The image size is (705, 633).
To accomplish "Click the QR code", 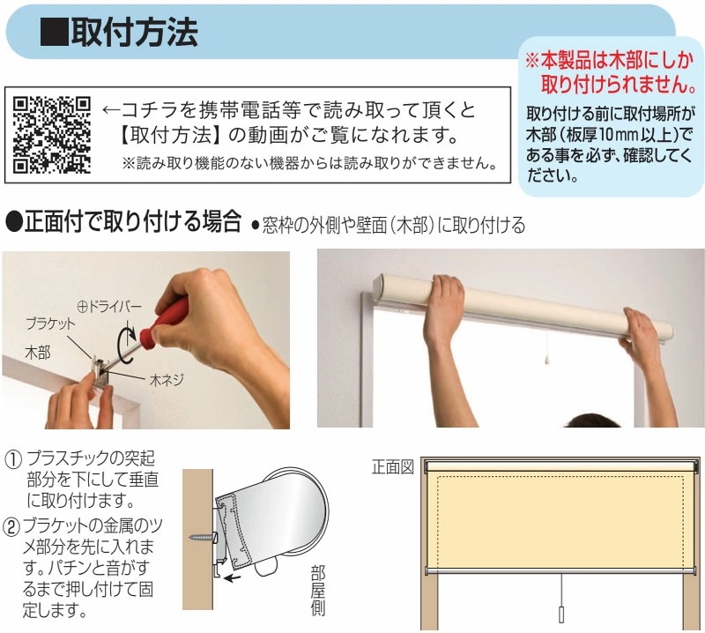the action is coord(52,136).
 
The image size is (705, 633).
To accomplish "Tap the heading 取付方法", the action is coord(134,32).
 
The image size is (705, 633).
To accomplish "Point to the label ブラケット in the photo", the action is coord(51,324).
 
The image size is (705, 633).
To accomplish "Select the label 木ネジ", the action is coord(167,380).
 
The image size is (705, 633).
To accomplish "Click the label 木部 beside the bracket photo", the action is coord(38,353).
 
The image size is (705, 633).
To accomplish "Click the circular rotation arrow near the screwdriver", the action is coord(127,346).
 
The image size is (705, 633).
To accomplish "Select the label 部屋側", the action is coord(318,591).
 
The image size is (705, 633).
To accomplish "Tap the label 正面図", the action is coord(392,467).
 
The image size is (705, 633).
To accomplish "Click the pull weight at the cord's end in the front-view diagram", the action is coord(560,614).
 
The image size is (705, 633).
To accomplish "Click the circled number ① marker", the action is coord(13,459).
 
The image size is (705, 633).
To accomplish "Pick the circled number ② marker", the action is coord(11,527).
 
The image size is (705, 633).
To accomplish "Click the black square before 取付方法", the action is coord(54,33).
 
